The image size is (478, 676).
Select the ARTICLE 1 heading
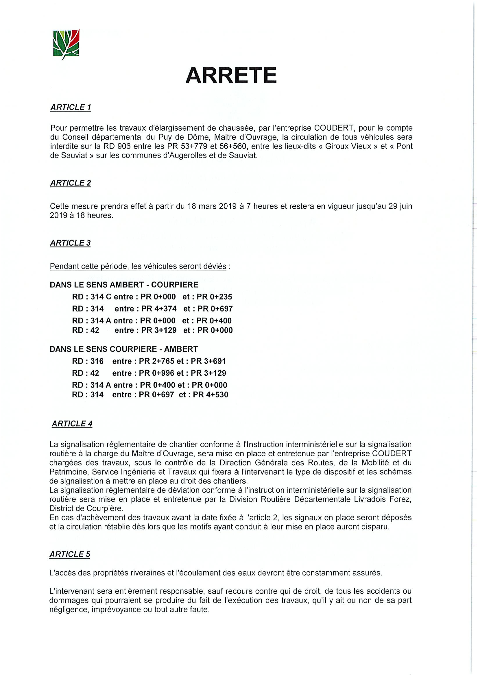tap(71, 108)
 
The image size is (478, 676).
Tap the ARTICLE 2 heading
tap(70, 183)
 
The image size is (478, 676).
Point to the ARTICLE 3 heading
tap(70, 243)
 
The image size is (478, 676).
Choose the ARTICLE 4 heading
tap(72, 424)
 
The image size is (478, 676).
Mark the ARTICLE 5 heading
tap(69, 554)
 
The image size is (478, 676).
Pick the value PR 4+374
tap(159, 309)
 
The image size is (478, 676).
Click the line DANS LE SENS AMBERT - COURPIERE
tap(124, 285)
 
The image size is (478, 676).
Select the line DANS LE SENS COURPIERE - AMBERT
tap(124, 349)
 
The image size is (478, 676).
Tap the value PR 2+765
tap(157, 361)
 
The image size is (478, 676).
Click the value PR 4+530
tap(210, 395)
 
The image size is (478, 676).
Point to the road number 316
tap(97, 361)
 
